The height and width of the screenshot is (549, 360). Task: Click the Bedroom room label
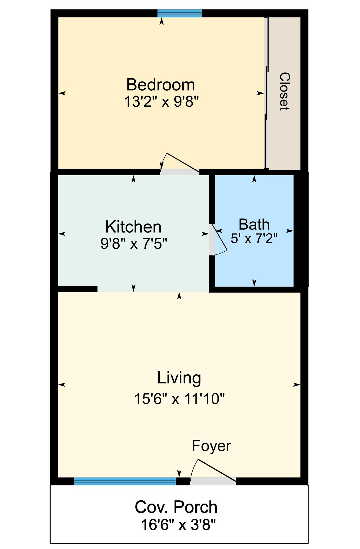161,85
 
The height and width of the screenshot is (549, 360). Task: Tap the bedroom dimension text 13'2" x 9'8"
161,102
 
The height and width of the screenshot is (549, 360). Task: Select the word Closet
285,91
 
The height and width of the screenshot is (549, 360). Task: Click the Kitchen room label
133,227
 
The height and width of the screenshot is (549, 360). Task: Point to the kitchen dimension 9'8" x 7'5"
134,244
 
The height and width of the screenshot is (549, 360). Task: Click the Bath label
254,224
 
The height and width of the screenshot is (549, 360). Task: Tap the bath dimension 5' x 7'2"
254,238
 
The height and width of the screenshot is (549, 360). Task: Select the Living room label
179,378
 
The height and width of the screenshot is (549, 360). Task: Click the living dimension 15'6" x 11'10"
179,399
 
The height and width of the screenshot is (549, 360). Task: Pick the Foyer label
211,446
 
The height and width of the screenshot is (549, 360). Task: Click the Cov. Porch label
176,507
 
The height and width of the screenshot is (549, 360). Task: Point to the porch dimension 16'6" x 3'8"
179,525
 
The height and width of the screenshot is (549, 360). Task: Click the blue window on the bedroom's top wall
180,13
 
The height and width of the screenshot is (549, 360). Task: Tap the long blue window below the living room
125,482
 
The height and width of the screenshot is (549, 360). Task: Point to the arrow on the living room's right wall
297,385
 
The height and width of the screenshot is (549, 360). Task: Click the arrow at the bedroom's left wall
62,93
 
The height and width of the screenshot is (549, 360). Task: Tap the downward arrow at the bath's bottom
254,283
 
